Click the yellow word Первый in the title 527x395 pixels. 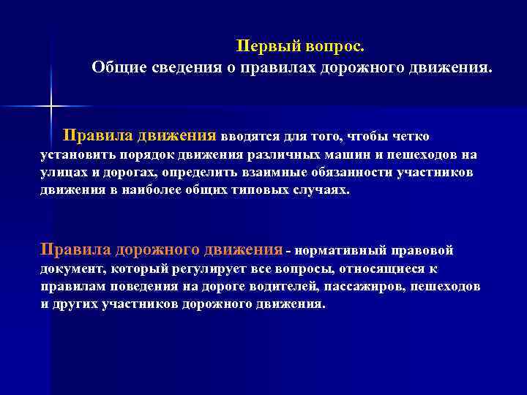[x=263, y=47]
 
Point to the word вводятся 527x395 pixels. [x=253, y=137]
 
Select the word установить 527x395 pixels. [x=72, y=155]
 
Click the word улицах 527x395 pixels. [x=63, y=172]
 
